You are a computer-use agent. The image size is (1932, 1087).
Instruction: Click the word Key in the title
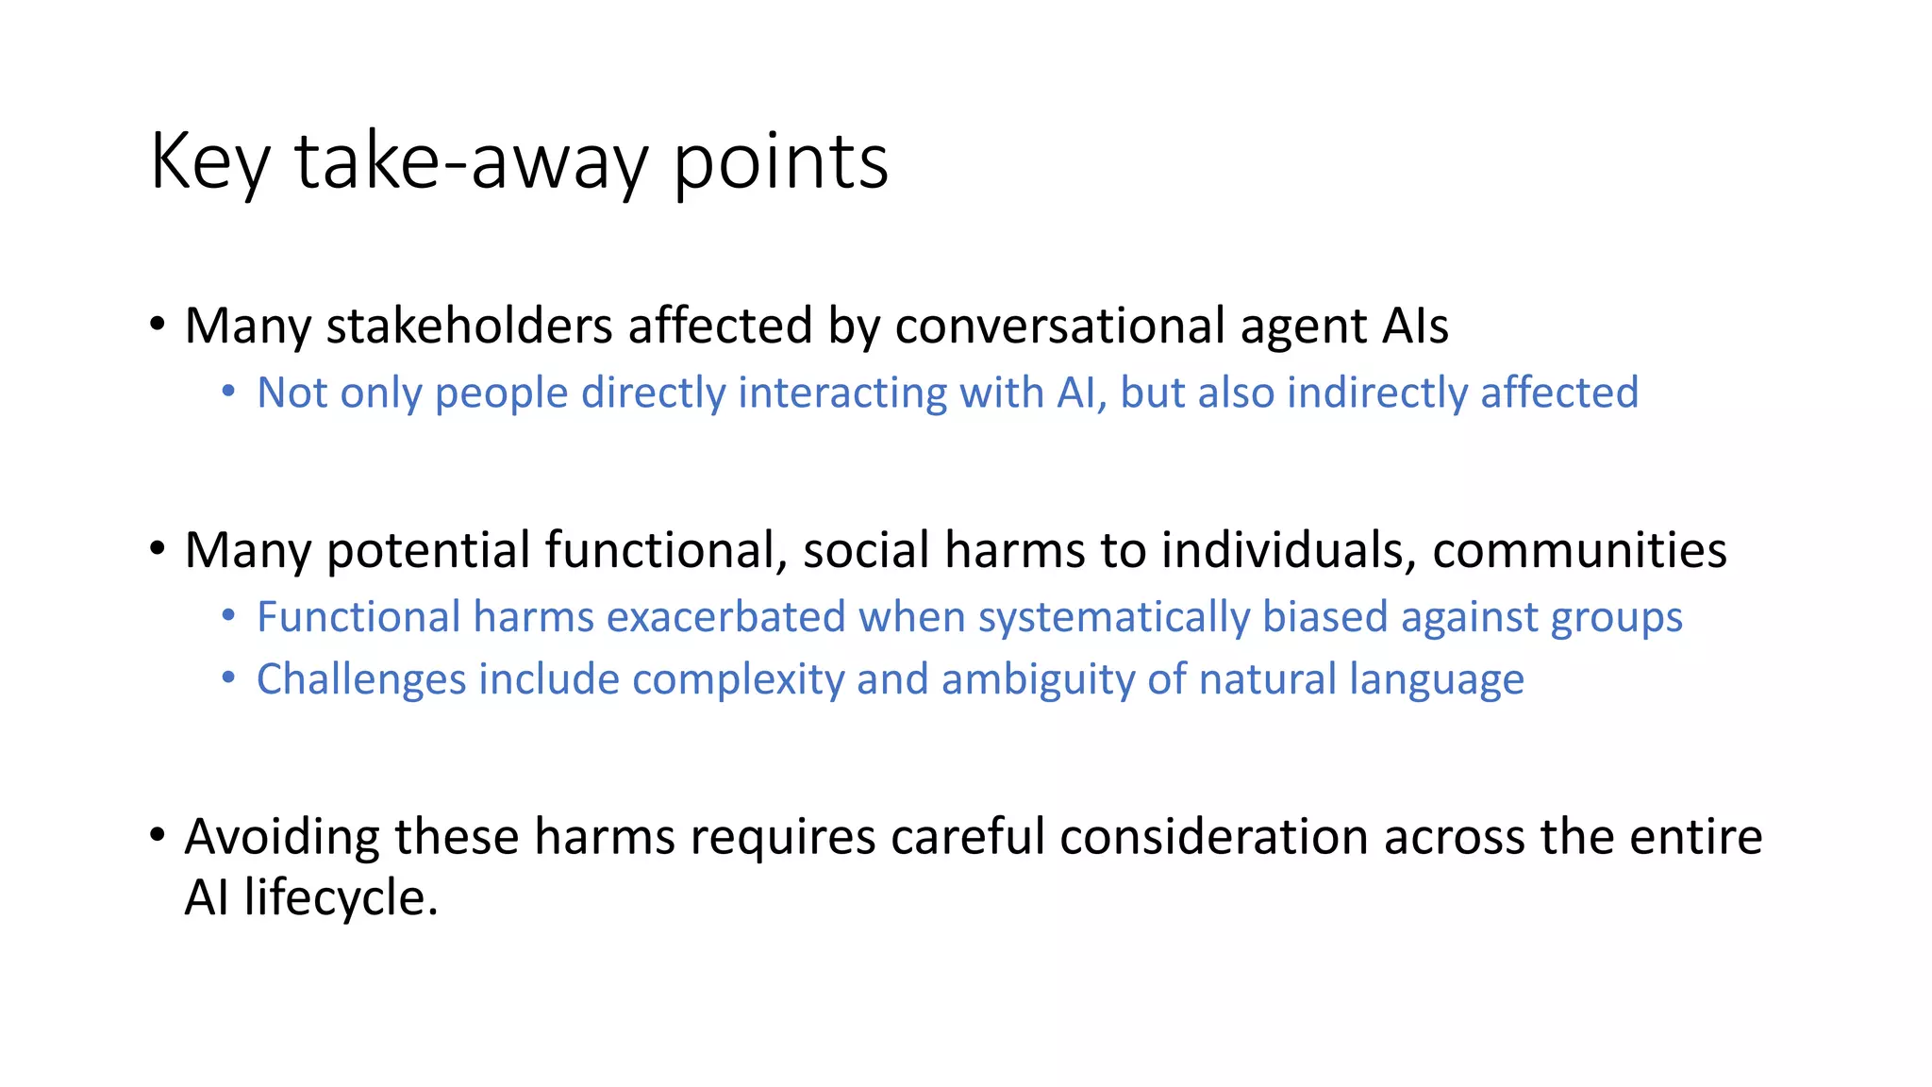[209, 162]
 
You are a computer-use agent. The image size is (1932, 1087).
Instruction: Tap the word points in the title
[780, 162]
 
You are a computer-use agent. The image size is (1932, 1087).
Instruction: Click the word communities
[1579, 550]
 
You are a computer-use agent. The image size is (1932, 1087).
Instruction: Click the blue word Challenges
[361, 679]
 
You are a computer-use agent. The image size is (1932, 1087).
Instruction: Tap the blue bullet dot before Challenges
[228, 677]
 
